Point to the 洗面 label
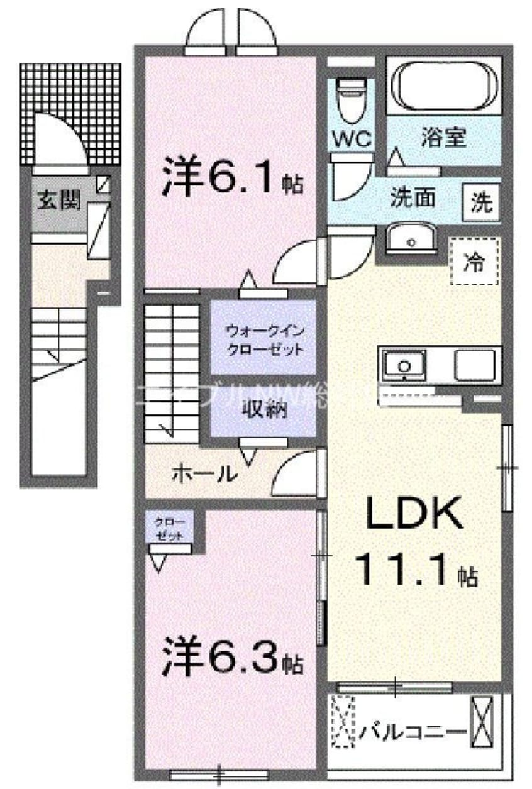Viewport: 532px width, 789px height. tap(413, 199)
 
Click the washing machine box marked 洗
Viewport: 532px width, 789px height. tap(482, 203)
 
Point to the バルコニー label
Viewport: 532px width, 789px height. tap(413, 731)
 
